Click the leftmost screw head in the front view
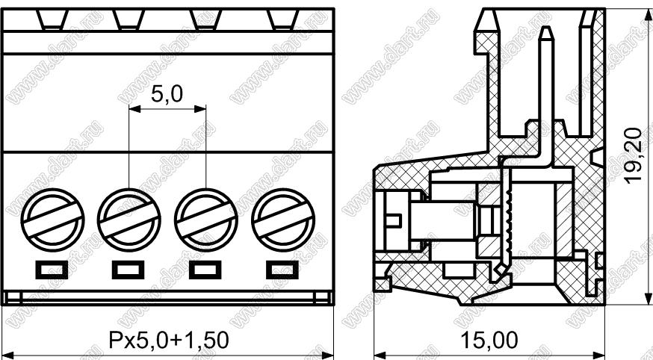point(52,220)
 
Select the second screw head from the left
point(129,220)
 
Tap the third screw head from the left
point(206,220)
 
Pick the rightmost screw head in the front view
point(283,220)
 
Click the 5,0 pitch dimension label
point(167,94)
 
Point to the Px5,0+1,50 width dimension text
point(169,341)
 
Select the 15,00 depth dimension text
point(489,341)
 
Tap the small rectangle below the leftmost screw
point(52,270)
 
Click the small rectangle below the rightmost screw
point(282,270)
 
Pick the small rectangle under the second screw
point(129,270)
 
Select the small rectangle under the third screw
point(205,270)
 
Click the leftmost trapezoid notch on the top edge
point(52,19)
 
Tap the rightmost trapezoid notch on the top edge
point(282,19)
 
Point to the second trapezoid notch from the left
point(129,19)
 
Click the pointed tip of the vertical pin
point(547,27)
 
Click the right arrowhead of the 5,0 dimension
point(201,109)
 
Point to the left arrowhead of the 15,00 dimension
point(380,356)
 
